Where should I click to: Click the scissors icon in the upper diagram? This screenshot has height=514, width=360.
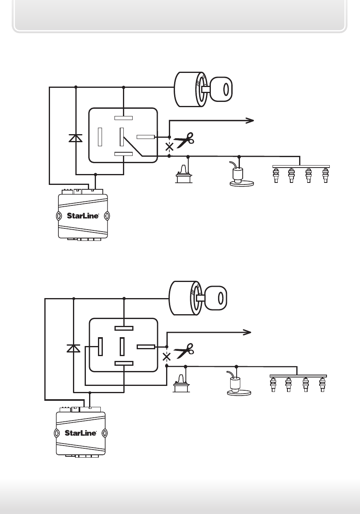pyautogui.click(x=184, y=140)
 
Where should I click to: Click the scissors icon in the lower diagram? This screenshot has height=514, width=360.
pyautogui.click(x=184, y=350)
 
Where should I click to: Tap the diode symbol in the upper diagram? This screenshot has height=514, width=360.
pyautogui.click(x=75, y=138)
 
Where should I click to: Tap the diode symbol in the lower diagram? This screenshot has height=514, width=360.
pyautogui.click(x=73, y=348)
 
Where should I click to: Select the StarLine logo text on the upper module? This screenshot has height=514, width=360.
pyautogui.click(x=83, y=216)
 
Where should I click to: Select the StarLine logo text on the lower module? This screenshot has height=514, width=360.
pyautogui.click(x=81, y=433)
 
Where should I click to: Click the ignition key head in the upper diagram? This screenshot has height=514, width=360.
pyautogui.click(x=221, y=89)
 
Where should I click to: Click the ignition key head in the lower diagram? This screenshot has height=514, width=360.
pyautogui.click(x=216, y=298)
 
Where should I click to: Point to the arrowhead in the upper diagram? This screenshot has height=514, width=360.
pyautogui.click(x=250, y=120)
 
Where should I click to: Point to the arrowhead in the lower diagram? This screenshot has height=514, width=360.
pyautogui.click(x=247, y=332)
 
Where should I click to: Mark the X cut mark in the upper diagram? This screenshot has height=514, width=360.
pyautogui.click(x=169, y=147)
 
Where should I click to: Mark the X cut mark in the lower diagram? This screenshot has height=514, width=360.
pyautogui.click(x=166, y=357)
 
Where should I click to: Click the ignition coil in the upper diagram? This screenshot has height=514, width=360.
pyautogui.click(x=184, y=174)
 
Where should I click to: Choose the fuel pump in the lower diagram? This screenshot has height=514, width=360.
pyautogui.click(x=239, y=383)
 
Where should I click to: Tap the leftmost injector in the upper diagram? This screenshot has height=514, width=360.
pyautogui.click(x=276, y=175)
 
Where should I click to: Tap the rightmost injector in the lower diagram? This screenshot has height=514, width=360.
pyautogui.click(x=323, y=384)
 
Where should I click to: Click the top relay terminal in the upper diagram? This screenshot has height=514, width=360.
pyautogui.click(x=123, y=118)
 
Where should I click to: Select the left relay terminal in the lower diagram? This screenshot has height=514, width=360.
pyautogui.click(x=100, y=346)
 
